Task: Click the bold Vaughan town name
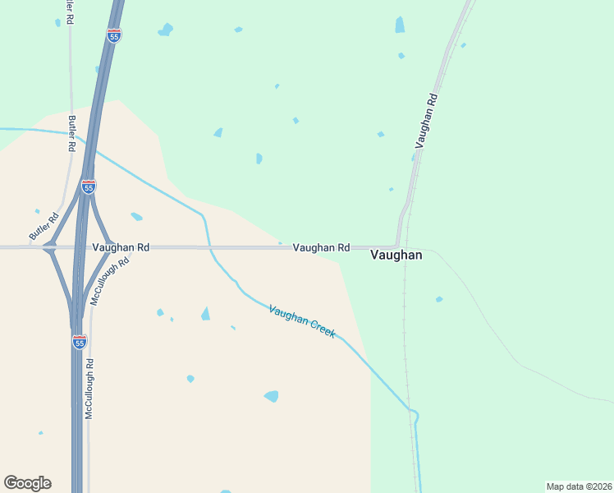pyautogui.click(x=396, y=255)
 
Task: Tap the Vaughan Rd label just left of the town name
pyautogui.click(x=322, y=247)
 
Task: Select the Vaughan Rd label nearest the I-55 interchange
pyautogui.click(x=121, y=247)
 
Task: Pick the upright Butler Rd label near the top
pyautogui.click(x=72, y=133)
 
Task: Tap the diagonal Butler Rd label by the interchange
pyautogui.click(x=44, y=227)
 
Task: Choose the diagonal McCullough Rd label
pyautogui.click(x=111, y=282)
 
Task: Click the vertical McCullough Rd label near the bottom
pyautogui.click(x=89, y=389)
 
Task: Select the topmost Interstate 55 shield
pyautogui.click(x=114, y=35)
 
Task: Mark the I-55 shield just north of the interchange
pyautogui.click(x=89, y=187)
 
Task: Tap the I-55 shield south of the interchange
pyautogui.click(x=79, y=342)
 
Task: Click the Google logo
pyautogui.click(x=27, y=483)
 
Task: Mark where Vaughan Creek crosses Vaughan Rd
pyautogui.click(x=209, y=246)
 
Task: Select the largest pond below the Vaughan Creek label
pyautogui.click(x=271, y=396)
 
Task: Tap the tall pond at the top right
pyautogui.click(x=400, y=25)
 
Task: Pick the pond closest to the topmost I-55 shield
pyautogui.click(x=166, y=30)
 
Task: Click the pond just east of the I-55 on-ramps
pyautogui.click(x=136, y=217)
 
